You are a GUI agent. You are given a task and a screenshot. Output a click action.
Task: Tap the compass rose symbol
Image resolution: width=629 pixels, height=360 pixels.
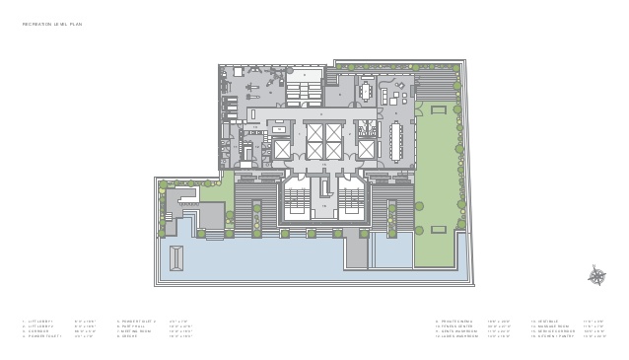[596, 276]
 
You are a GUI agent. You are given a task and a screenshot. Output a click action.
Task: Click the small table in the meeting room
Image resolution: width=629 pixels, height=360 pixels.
[367, 93]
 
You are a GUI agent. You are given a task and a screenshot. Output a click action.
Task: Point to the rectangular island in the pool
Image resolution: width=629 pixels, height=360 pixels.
[176, 258]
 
